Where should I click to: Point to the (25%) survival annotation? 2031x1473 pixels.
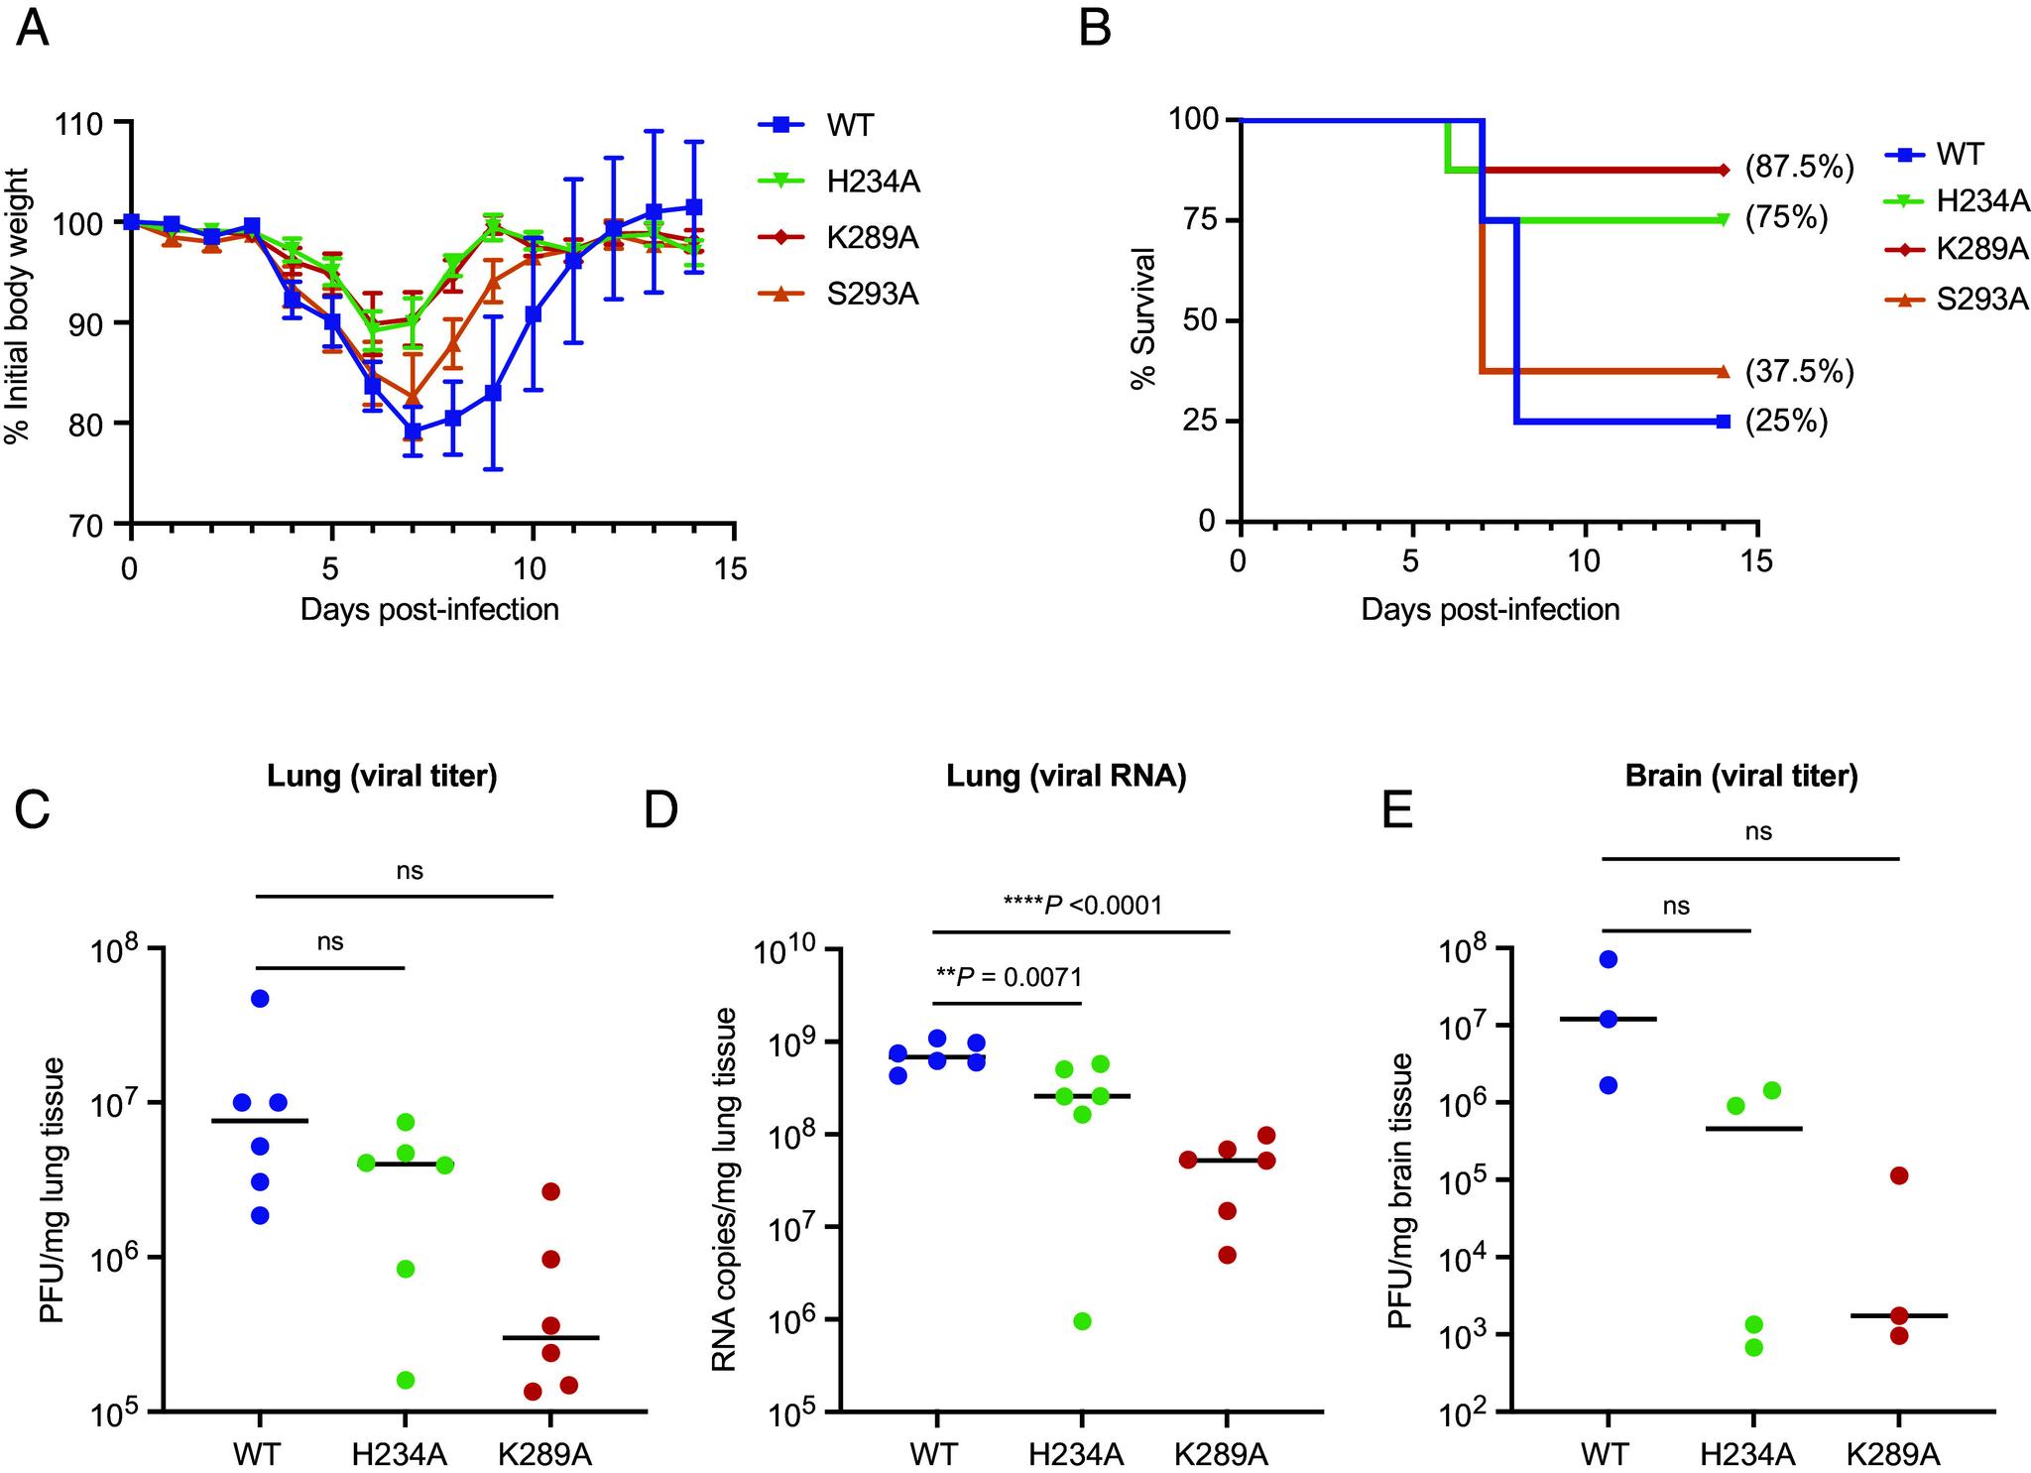1786,423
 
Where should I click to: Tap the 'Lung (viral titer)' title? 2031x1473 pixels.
382,776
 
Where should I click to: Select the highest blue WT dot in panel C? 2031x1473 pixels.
260,998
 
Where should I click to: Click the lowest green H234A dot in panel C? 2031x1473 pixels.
405,1380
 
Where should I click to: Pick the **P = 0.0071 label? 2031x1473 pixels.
1009,977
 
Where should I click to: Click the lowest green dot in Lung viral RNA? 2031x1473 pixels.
1082,1320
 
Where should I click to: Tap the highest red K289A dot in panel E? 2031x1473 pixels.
1899,1175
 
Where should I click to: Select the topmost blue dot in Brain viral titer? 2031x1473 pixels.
1608,958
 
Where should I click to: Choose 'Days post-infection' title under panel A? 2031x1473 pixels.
429,609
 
